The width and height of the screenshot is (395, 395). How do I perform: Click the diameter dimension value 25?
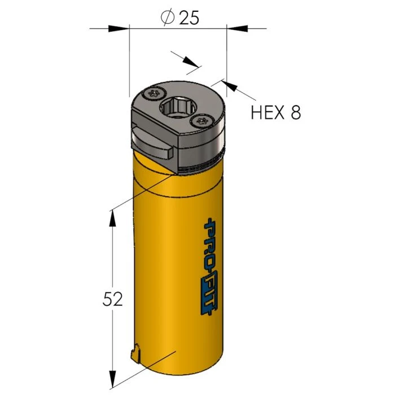tap(189, 17)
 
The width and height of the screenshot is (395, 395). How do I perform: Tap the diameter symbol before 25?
tap(168, 17)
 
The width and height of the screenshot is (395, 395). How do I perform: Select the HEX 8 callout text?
tap(276, 112)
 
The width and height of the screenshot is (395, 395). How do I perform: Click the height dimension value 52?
tap(113, 299)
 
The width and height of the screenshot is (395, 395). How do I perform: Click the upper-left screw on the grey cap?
tap(153, 94)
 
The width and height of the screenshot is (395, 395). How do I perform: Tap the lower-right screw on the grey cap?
tap(202, 121)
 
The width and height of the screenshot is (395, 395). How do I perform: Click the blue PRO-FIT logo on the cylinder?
tap(210, 265)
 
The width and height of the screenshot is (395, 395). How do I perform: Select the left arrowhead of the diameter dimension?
tap(118, 28)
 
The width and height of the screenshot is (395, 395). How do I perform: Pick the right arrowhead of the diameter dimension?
tap(238, 28)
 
